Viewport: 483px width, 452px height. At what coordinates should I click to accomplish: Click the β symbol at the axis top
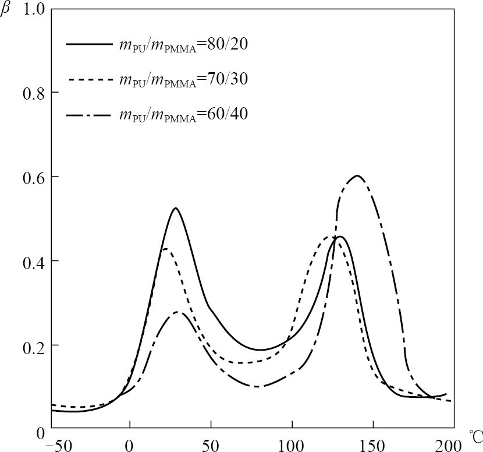pos(8,11)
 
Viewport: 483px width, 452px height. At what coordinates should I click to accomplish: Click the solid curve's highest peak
pos(175,208)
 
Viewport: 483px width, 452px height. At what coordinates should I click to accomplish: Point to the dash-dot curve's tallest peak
pos(357,176)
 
